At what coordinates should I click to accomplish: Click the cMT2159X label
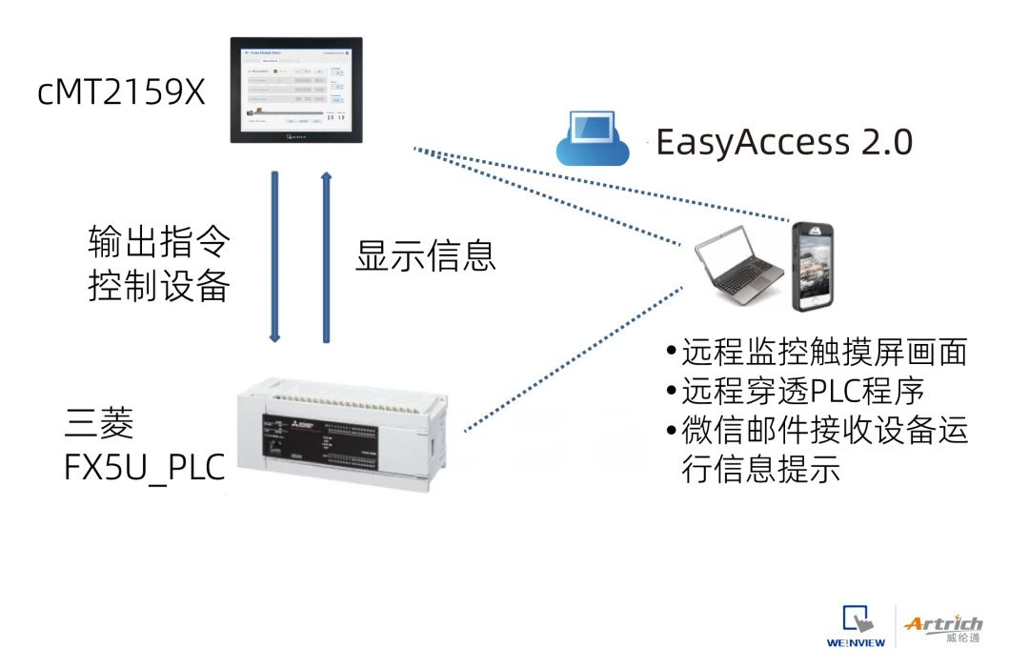pyautogui.click(x=121, y=92)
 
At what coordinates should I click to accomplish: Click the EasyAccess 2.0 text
pyautogui.click(x=783, y=142)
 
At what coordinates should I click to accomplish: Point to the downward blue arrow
pyautogui.click(x=275, y=255)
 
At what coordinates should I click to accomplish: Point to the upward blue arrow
pyautogui.click(x=326, y=255)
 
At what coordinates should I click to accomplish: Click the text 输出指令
pyautogui.click(x=159, y=241)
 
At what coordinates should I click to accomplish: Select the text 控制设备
pyautogui.click(x=159, y=285)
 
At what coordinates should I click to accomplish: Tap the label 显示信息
pyautogui.click(x=426, y=255)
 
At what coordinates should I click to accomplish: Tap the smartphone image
pyautogui.click(x=816, y=267)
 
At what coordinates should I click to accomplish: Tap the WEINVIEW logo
pyautogui.click(x=857, y=626)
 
